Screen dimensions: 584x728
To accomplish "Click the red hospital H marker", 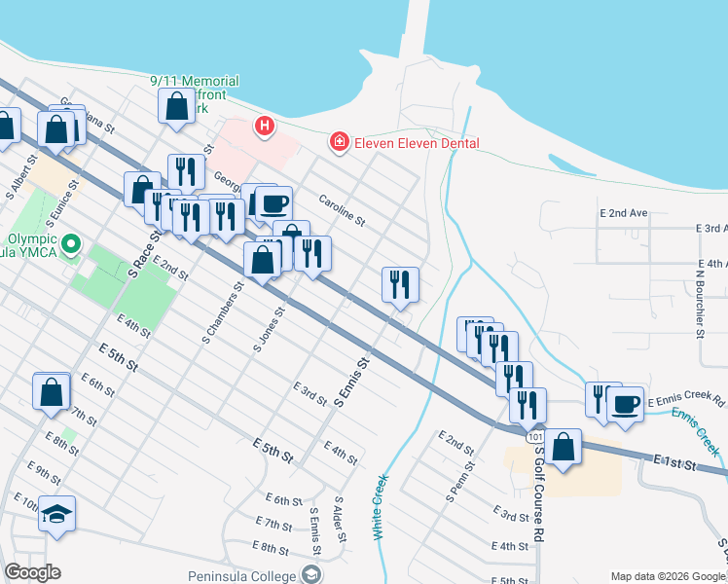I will click(263, 126).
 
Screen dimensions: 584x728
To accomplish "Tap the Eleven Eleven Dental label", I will click(417, 143).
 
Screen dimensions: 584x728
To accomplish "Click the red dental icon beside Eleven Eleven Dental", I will click(339, 143).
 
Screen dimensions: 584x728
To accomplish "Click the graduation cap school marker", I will click(57, 514).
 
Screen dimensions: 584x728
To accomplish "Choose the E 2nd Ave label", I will click(624, 212).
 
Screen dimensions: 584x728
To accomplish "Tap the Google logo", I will click(31, 572).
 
